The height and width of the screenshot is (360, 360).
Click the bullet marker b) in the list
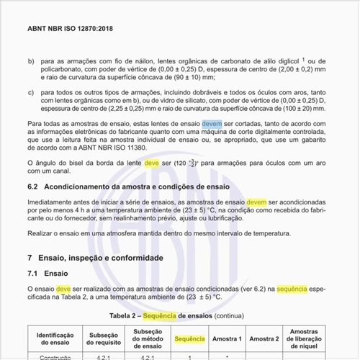click(31, 61)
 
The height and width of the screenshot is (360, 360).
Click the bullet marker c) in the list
click(31, 93)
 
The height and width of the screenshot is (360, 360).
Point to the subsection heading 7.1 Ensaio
click(48, 274)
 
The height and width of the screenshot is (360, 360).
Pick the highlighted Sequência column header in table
click(190, 338)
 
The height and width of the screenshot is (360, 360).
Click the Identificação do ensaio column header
click(55, 338)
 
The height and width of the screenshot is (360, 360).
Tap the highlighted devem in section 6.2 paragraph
click(256, 203)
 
